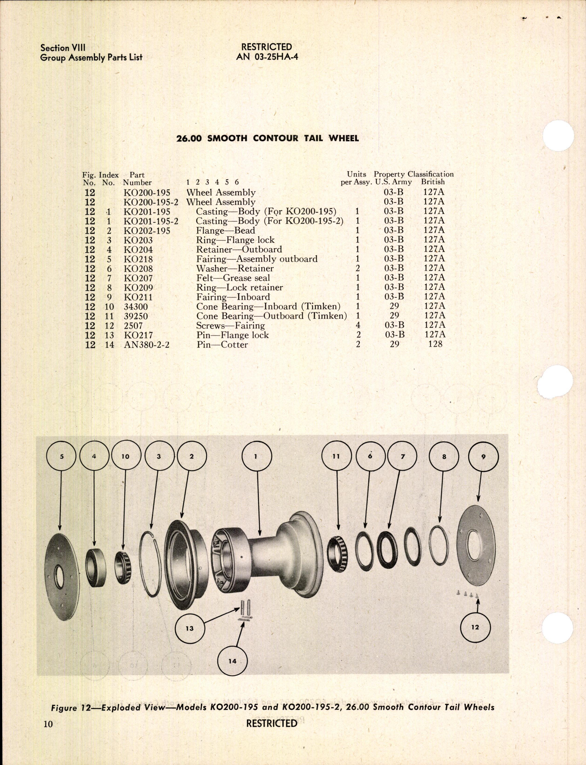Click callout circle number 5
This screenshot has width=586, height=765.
point(61,456)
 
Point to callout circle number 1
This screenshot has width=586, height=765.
point(256,456)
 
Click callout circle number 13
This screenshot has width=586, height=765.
point(190,628)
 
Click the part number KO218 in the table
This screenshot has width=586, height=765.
point(138,259)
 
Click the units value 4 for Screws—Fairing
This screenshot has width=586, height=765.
point(358,325)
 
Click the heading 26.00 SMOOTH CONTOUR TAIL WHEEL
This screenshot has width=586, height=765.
point(268,138)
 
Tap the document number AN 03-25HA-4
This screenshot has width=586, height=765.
point(267,57)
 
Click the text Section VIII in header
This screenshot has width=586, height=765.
point(63,48)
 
